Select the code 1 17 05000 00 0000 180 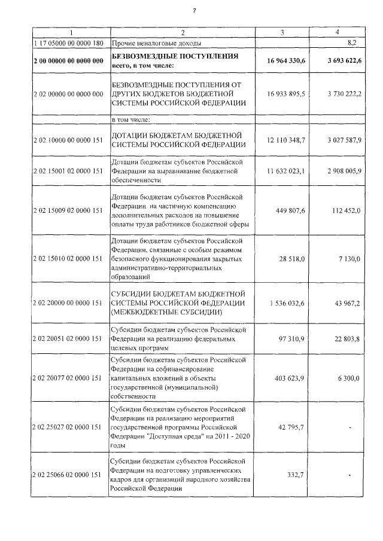[69, 43]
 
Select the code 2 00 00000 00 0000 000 [69, 60]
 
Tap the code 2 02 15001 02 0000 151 [69, 172]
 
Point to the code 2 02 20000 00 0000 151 [69, 303]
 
